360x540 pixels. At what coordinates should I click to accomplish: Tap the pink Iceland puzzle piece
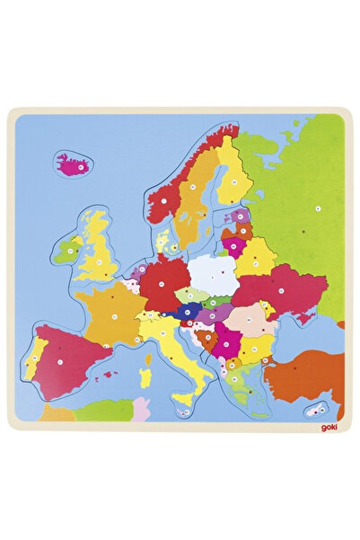75,164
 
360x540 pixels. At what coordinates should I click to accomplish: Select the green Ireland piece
66,250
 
